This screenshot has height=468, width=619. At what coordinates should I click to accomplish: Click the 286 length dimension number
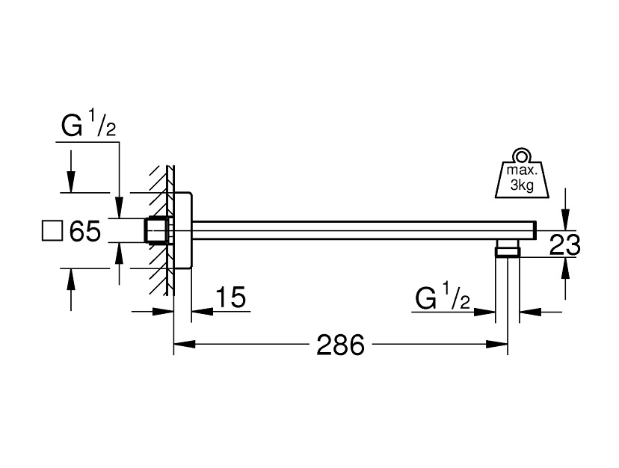pos(340,345)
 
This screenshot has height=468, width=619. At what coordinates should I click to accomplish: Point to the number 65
pos(84,232)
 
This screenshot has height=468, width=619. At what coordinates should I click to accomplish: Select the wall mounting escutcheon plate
pos(184,231)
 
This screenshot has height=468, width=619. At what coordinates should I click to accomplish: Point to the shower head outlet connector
pos(508,249)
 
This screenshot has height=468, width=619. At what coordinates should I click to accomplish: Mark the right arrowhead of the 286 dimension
pos(502,345)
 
